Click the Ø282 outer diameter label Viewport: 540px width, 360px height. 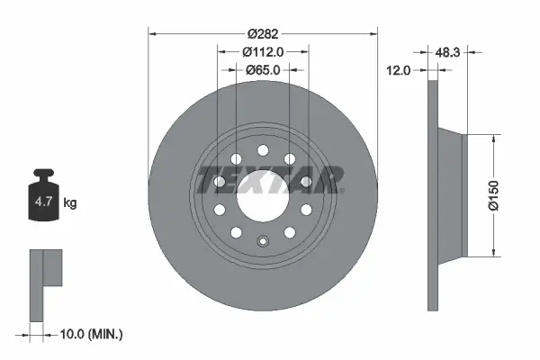pyautogui.click(x=262, y=33)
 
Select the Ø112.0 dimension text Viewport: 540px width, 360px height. pyautogui.click(x=262, y=51)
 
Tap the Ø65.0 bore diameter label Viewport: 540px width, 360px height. pyautogui.click(x=262, y=69)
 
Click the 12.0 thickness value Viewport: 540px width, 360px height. pyautogui.click(x=398, y=69)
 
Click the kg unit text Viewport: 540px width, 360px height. pyautogui.click(x=70, y=203)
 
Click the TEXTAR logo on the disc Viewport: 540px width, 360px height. pyautogui.click(x=269, y=179)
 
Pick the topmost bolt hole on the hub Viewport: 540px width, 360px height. pyautogui.click(x=262, y=150)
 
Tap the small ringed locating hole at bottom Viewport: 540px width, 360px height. pyautogui.click(x=262, y=240)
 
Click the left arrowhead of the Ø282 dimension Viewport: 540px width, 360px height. pyautogui.click(x=151, y=33)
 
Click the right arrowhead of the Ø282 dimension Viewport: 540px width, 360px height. pyautogui.click(x=373, y=33)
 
